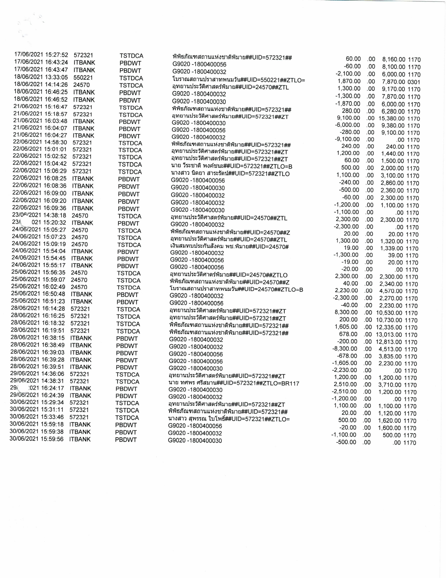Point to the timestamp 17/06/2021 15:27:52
tap(41, 55)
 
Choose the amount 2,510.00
tap(346, 385)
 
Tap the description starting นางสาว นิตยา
tap(230, 174)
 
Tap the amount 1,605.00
tap(346, 327)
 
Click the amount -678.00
tap(347, 356)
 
